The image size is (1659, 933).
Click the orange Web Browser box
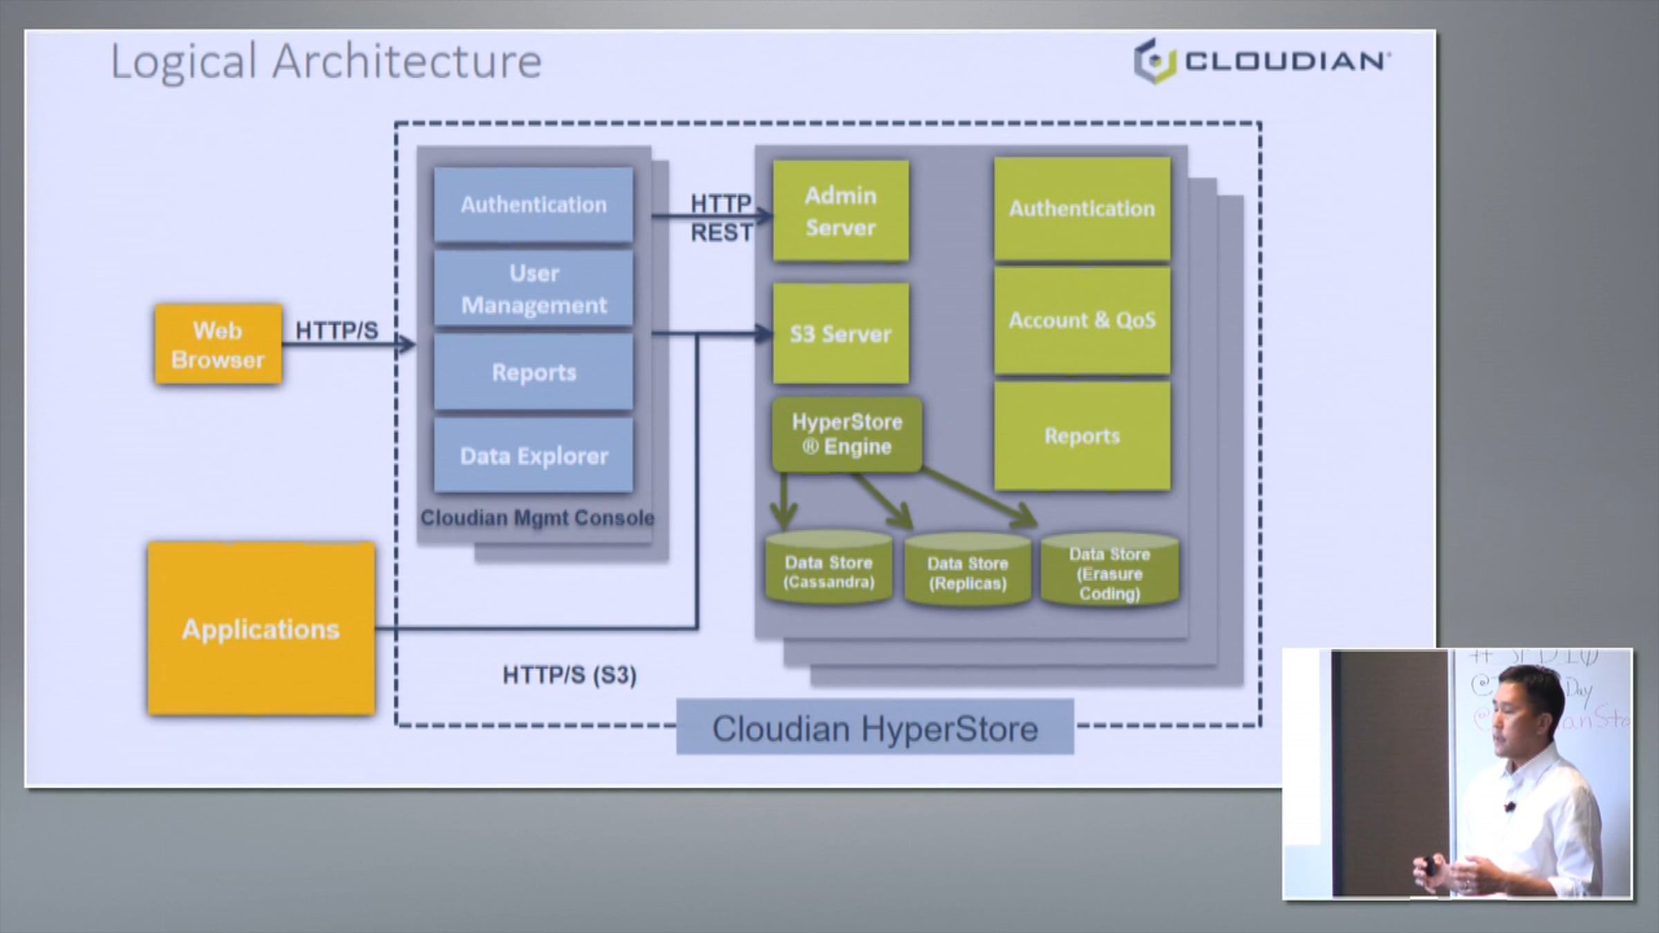click(218, 344)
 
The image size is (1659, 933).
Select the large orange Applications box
click(261, 628)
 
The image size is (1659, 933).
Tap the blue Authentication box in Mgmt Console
click(533, 205)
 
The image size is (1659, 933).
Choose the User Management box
click(533, 289)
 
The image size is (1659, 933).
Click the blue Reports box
click(533, 373)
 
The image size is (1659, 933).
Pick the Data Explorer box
click(533, 455)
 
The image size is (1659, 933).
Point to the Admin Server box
click(841, 211)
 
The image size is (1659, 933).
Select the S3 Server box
click(841, 334)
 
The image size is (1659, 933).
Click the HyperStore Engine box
click(847, 434)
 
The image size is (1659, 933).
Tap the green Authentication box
click(1082, 208)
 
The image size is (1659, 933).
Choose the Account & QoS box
click(1082, 321)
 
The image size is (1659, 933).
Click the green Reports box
click(1082, 436)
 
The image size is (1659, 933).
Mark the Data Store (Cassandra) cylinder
click(829, 570)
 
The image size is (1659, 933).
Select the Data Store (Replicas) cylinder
click(968, 572)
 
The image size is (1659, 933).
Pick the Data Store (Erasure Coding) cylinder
click(1109, 572)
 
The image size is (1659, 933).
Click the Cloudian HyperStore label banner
click(875, 728)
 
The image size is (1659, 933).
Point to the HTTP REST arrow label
click(721, 218)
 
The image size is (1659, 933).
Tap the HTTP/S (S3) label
click(569, 675)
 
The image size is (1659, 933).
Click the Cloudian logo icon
click(1155, 62)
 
